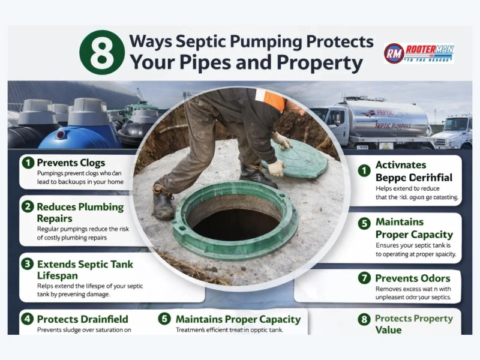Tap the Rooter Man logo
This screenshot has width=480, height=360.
pos(419,53)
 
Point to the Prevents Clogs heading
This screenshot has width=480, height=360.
pos(71,163)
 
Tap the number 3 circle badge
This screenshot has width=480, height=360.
pos(27,263)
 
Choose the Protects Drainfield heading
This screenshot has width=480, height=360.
pos(82,319)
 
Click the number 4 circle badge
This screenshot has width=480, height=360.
pos(27,319)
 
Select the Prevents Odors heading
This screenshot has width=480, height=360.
pos(412,278)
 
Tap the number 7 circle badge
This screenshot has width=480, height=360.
pos(364,278)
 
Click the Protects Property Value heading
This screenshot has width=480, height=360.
pos(413,324)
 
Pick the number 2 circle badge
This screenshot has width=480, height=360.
pos(27,207)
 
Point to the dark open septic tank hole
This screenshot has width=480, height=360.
pos(236,219)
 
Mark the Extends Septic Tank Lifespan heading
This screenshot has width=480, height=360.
pos(85,269)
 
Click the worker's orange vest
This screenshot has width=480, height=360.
pos(274,98)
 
